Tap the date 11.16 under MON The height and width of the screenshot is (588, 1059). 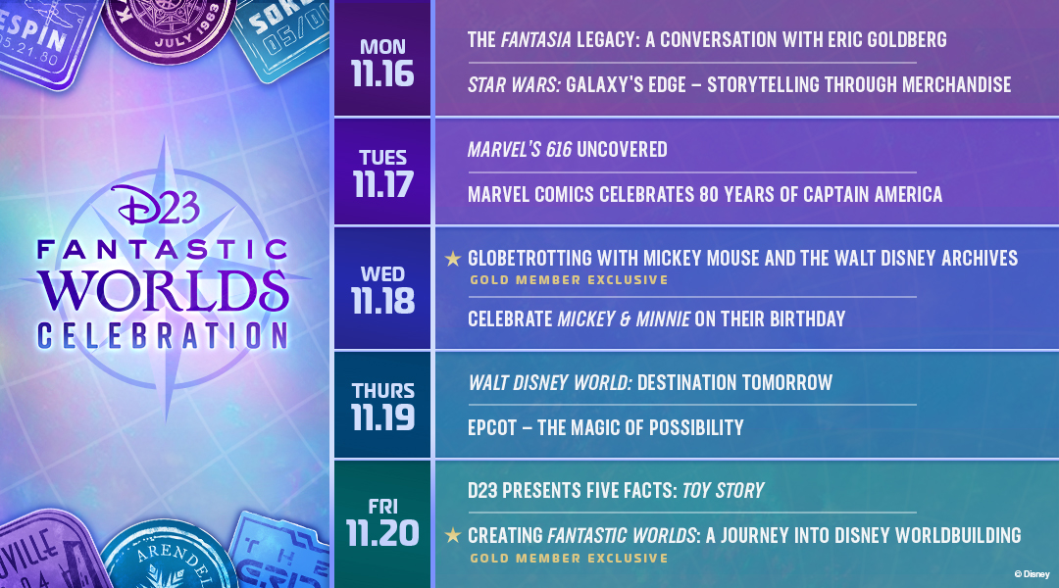383,74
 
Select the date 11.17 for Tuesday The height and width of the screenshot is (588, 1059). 383,185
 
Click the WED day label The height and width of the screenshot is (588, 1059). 383,274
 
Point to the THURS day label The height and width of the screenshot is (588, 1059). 383,391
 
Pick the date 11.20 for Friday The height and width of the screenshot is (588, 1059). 383,533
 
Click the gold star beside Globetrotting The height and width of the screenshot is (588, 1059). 452,259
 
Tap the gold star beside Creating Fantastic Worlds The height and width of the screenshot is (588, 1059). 452,536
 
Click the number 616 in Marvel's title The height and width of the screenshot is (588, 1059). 559,150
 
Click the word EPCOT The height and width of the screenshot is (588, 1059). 492,428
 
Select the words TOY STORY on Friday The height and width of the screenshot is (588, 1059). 724,491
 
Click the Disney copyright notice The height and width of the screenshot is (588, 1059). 1032,574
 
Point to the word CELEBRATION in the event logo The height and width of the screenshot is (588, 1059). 162,336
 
